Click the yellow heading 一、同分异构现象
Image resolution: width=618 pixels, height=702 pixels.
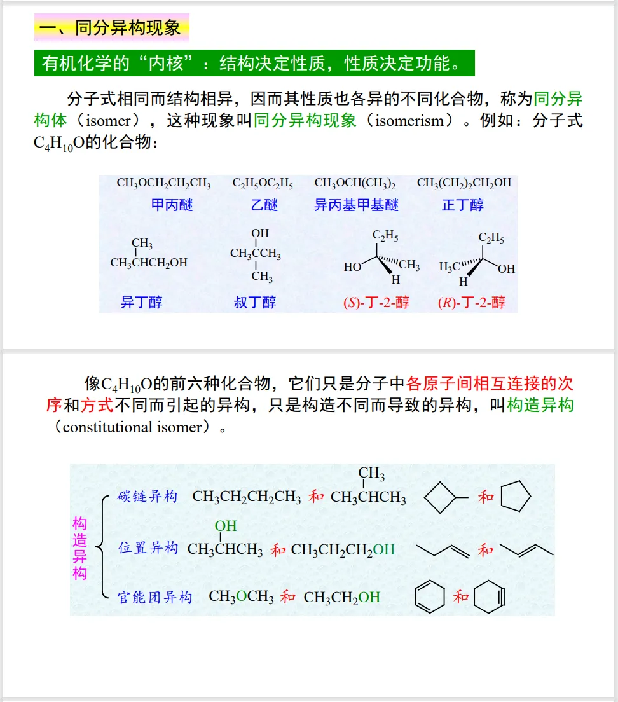coord(112,28)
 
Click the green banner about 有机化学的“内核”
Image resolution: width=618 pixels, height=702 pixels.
coord(254,63)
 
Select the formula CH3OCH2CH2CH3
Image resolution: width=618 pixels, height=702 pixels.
coord(163,183)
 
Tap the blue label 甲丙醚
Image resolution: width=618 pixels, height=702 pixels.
coord(172,205)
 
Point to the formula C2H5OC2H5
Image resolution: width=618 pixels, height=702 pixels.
coord(263,183)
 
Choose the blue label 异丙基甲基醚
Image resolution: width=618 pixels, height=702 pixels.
coord(356,205)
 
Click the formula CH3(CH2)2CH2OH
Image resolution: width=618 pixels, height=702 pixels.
coord(464,183)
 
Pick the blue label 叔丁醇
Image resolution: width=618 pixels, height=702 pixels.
coord(255,302)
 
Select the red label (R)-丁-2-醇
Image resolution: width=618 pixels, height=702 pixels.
coord(472,303)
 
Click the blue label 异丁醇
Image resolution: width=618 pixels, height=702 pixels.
coord(141,302)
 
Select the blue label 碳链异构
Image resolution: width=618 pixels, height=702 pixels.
coord(148,497)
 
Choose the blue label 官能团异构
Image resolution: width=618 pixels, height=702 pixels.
coord(154,597)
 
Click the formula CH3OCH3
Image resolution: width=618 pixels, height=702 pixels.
coord(241,597)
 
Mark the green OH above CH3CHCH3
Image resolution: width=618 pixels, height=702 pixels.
coord(225,526)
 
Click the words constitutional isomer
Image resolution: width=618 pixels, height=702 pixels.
coord(136,427)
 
